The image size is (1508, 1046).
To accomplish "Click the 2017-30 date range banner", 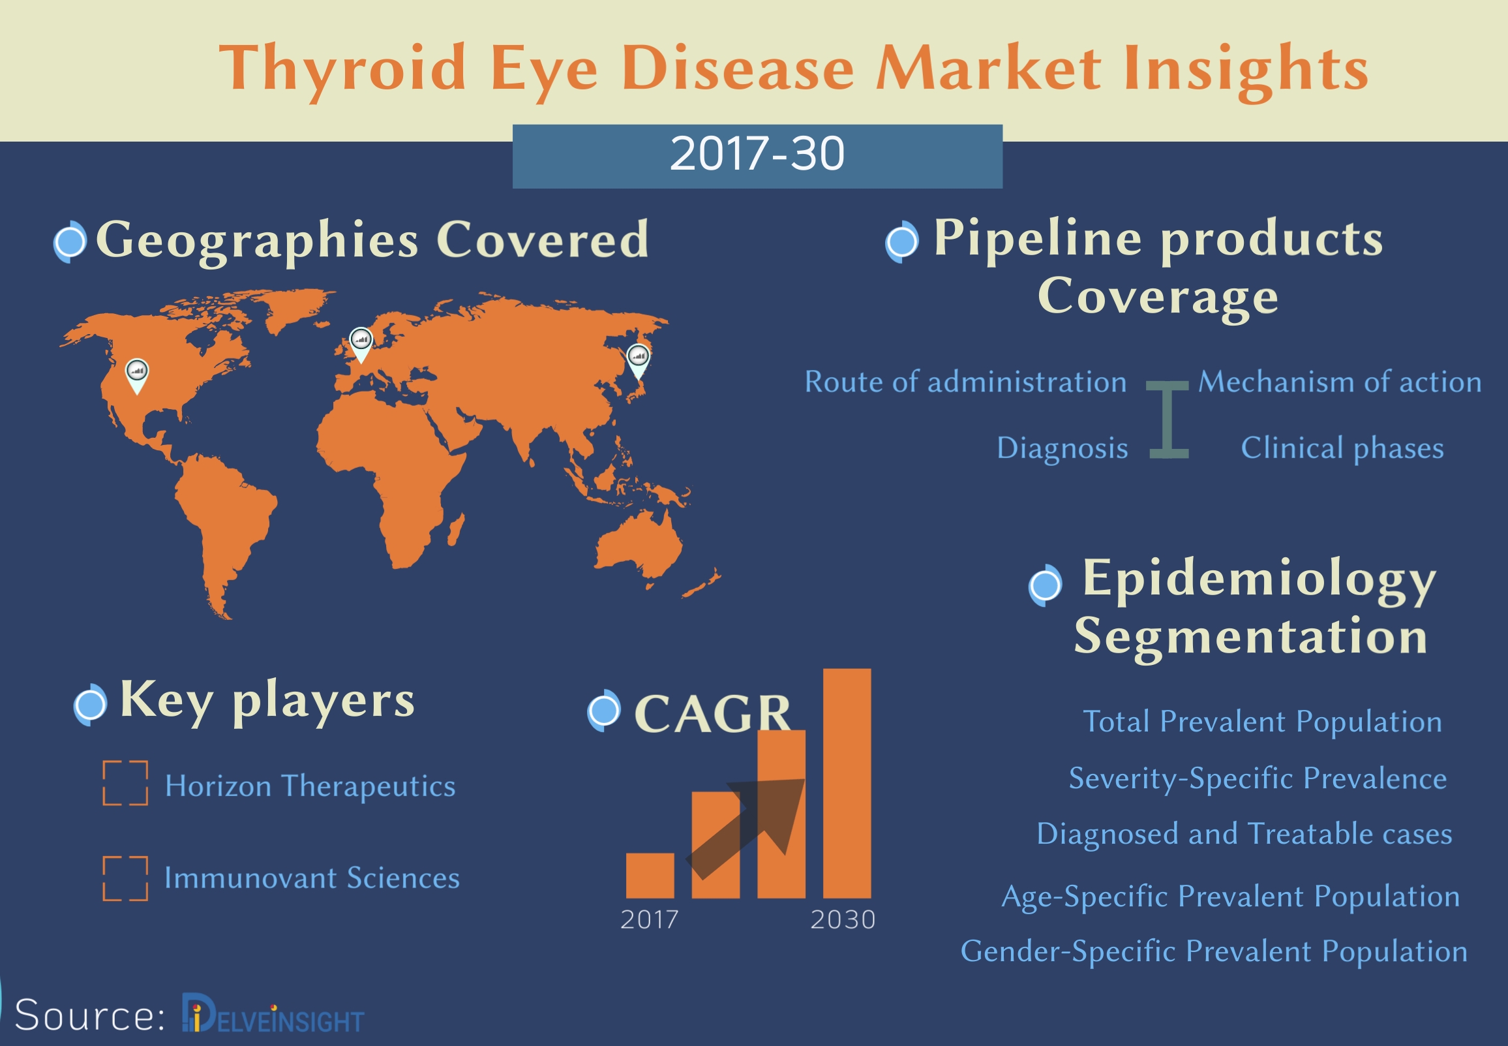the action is tap(757, 157).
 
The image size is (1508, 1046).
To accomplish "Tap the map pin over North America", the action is tap(136, 376).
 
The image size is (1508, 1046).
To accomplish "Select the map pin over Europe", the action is tap(361, 344).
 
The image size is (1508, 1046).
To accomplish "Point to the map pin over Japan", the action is tap(638, 361).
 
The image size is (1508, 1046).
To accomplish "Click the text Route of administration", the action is tap(965, 382).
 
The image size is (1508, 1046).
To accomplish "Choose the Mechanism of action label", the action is tap(1340, 382).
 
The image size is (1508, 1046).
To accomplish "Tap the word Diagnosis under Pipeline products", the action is tap(1062, 449).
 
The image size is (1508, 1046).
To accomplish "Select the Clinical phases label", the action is tap(1342, 448).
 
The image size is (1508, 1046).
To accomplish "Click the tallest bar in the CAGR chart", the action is tap(847, 783).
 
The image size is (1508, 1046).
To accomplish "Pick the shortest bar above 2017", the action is tap(650, 876).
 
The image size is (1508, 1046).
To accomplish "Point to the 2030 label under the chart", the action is tap(843, 919).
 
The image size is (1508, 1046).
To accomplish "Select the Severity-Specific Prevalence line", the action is tap(1258, 778).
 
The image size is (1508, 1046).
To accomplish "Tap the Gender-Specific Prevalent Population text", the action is tap(1214, 951).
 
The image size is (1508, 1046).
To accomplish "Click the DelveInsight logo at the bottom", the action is tap(273, 1015).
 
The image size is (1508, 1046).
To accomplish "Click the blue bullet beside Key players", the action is tap(90, 705).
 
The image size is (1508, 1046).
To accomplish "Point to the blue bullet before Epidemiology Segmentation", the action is tap(1045, 585).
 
